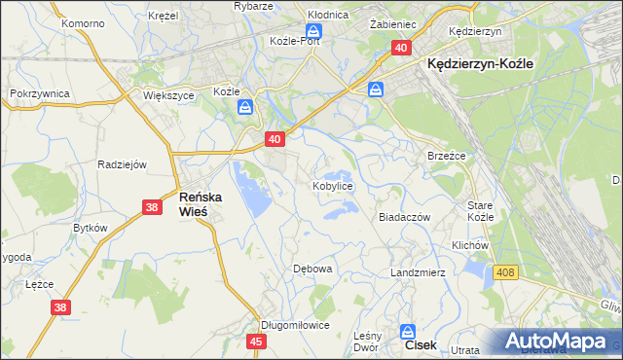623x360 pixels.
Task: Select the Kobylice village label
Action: click(332, 185)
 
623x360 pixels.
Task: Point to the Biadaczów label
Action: click(404, 218)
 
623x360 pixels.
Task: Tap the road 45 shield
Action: click(256, 342)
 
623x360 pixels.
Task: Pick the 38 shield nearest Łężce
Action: click(60, 307)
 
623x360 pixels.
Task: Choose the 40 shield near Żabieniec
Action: click(401, 47)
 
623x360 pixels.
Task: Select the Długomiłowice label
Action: click(295, 325)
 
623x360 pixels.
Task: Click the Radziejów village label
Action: click(122, 163)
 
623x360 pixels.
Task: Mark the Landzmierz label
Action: click(418, 272)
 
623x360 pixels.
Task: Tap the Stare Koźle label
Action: click(481, 211)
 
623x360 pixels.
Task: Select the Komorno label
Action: click(82, 22)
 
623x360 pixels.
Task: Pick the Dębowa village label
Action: click(313, 268)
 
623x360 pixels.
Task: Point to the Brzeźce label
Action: click(447, 156)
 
